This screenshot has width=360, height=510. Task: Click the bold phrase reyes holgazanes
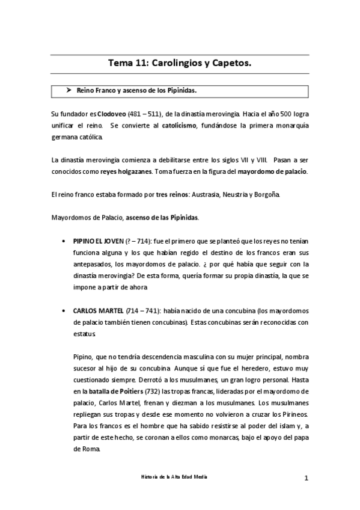click(126, 171)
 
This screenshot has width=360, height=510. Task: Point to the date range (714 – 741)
click(142, 311)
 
